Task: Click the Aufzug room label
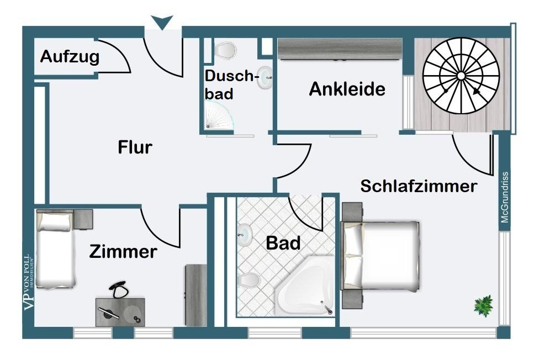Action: click(70, 57)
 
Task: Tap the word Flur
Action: click(135, 147)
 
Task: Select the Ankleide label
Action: click(347, 89)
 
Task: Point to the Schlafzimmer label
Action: click(418, 186)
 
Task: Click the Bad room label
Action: click(283, 242)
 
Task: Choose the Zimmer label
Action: click(123, 252)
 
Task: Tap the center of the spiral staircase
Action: click(461, 76)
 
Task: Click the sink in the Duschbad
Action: click(265, 74)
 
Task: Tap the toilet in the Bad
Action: click(249, 280)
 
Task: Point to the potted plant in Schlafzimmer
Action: click(484, 305)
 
